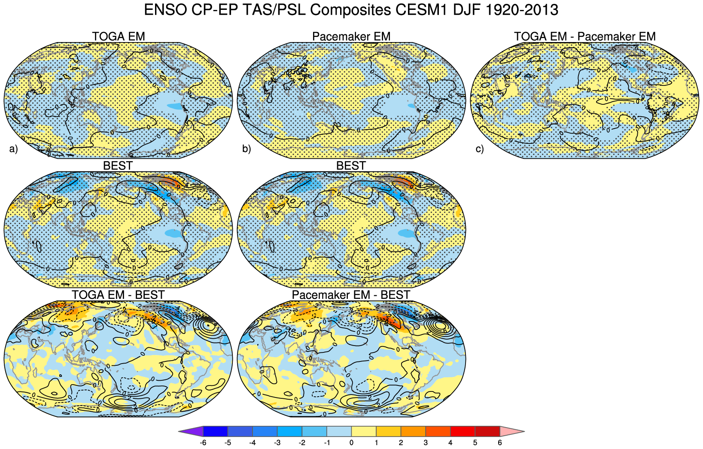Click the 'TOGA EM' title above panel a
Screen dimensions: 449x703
point(118,36)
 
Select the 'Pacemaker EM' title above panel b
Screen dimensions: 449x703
point(351,36)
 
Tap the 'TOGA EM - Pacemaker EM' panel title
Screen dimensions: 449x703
point(584,36)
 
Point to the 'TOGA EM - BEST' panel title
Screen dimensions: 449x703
point(118,295)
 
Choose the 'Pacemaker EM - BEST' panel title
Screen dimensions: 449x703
point(351,295)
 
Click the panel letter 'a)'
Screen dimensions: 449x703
point(13,149)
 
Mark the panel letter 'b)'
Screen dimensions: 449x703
point(247,149)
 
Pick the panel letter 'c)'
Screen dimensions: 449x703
point(480,149)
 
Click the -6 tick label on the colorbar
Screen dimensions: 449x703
point(203,443)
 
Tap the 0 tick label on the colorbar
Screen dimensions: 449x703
point(352,443)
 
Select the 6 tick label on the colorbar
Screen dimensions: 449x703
point(500,443)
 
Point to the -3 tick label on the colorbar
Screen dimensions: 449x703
point(277,443)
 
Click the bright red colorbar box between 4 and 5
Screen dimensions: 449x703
point(463,431)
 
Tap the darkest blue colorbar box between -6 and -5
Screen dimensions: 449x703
point(216,431)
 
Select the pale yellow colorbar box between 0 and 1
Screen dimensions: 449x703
point(364,431)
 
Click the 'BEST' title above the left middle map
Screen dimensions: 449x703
point(118,166)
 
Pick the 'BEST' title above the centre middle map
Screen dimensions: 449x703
point(351,166)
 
